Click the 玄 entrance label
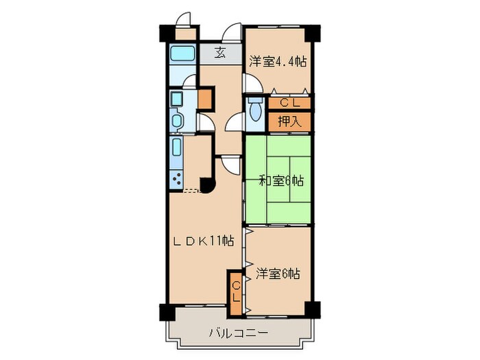(x=220, y=53)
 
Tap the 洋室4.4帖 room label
(x=277, y=60)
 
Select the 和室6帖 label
(x=280, y=181)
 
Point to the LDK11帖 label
(x=204, y=241)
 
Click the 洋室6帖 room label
(x=278, y=273)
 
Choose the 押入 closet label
(x=289, y=121)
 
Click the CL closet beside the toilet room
(x=289, y=104)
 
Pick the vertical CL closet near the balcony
(x=235, y=293)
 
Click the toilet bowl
(x=255, y=108)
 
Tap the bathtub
(x=182, y=54)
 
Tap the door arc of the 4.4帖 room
(x=252, y=85)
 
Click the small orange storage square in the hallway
(x=204, y=99)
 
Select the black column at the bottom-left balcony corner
(x=167, y=312)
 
